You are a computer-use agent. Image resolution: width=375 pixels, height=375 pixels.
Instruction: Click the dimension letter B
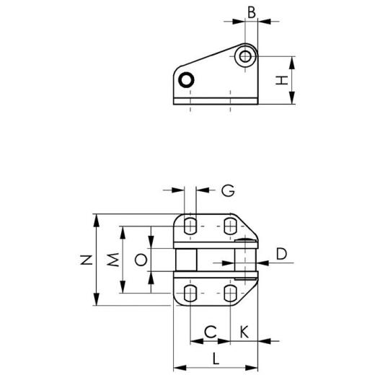coord(251,12)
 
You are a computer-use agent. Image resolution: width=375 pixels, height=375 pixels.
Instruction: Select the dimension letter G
coord(227,190)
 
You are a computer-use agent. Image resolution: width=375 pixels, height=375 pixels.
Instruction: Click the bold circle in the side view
coord(187,80)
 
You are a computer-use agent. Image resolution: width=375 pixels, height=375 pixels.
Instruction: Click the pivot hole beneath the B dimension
coord(247,56)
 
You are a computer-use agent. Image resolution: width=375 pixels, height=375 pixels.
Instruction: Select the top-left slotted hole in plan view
coord(190,226)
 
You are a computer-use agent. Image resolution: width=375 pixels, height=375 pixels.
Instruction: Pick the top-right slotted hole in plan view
coord(230,226)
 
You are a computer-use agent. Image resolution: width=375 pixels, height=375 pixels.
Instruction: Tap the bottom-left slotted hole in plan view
coord(190,292)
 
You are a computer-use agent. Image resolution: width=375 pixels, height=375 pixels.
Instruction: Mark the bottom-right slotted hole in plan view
coord(230,292)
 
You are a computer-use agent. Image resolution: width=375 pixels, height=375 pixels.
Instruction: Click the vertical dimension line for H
coord(294,80)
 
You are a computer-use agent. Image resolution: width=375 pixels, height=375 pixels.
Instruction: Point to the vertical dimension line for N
coord(96,260)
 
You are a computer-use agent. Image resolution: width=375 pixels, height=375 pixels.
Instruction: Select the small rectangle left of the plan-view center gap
coord(185,259)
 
